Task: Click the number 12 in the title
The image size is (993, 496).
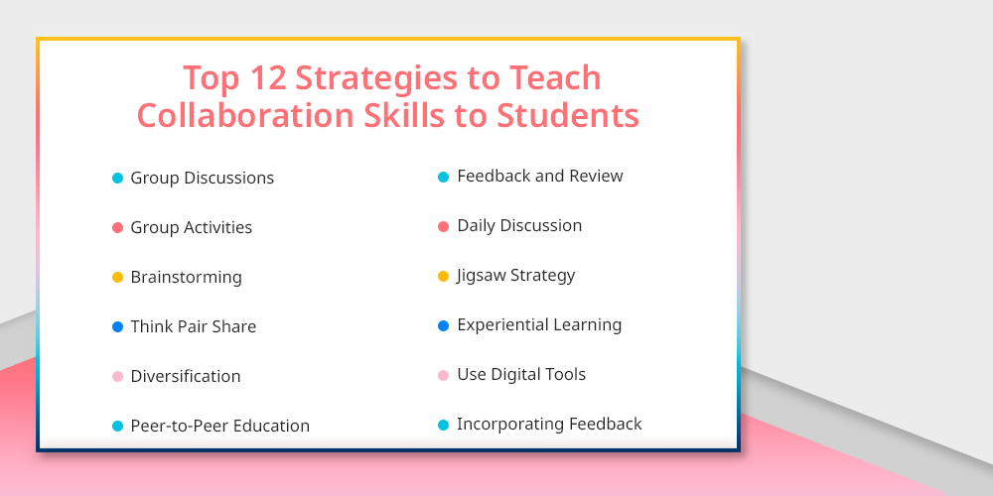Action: tap(268, 77)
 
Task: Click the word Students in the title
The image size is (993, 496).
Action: tap(567, 115)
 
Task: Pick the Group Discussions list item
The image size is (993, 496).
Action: tap(202, 178)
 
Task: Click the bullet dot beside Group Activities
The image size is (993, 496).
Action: tap(117, 228)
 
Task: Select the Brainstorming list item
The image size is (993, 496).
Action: tap(187, 277)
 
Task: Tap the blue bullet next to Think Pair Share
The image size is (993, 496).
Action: tap(117, 327)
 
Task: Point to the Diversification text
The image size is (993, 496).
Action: tap(186, 376)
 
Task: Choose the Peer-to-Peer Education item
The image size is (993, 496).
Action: tap(219, 426)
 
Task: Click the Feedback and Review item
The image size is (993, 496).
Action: tap(540, 176)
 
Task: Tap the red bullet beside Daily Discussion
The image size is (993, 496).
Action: tap(443, 226)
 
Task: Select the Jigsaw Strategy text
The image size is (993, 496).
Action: tap(516, 276)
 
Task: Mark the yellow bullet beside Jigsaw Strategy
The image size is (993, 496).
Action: tap(443, 276)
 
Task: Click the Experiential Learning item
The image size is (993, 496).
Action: tap(539, 325)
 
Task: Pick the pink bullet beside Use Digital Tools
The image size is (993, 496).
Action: tap(443, 375)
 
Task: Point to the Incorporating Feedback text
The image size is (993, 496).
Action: tap(550, 424)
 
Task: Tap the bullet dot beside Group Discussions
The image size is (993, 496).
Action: tap(117, 179)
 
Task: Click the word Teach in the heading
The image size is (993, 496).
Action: tap(555, 77)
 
